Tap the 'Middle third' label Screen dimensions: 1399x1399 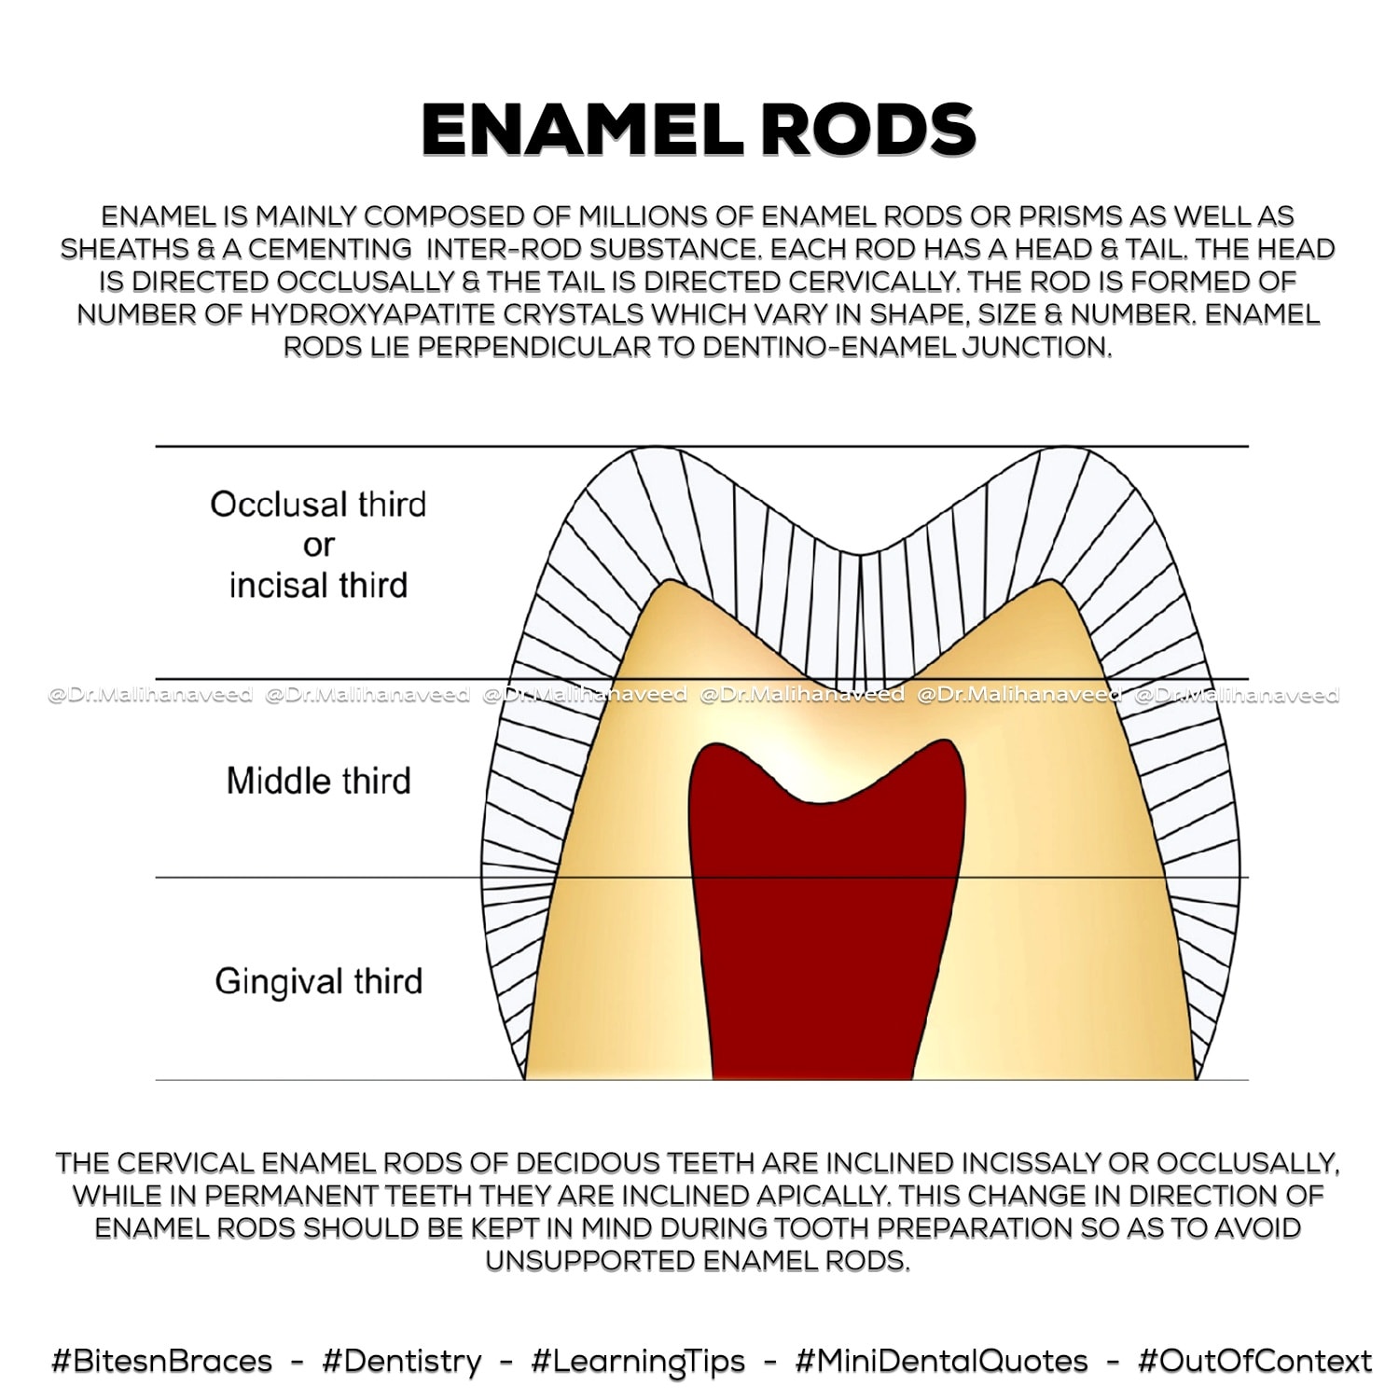click(318, 781)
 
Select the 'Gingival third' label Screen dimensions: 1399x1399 click(319, 982)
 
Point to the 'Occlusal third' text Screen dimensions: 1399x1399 click(318, 505)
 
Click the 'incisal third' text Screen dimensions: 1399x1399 click(318, 586)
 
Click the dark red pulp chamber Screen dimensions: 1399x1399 click(826, 923)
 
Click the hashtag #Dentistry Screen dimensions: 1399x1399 click(402, 1361)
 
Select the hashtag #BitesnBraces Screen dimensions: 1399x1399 click(162, 1361)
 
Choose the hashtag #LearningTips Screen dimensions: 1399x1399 click(639, 1362)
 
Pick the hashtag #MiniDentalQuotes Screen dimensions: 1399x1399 click(942, 1361)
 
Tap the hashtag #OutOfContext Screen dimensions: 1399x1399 click(1255, 1361)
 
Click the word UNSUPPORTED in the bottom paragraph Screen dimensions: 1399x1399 click(590, 1261)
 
